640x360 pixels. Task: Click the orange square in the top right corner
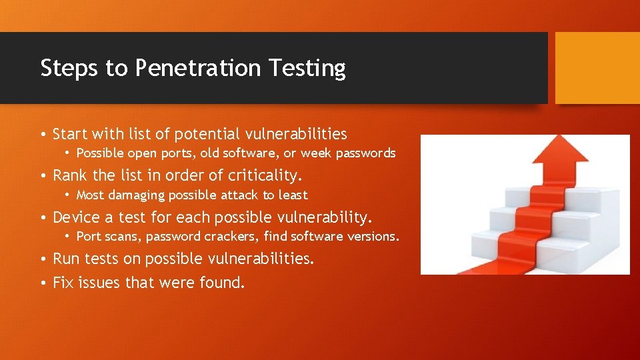pos(597,68)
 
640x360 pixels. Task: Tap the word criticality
pos(265,176)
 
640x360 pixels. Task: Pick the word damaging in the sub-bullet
pos(137,195)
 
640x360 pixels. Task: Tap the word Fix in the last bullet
pos(63,283)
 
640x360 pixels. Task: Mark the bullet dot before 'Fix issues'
pos(43,283)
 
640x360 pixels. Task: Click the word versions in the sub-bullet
pos(374,237)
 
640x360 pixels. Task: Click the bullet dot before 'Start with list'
pos(43,135)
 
